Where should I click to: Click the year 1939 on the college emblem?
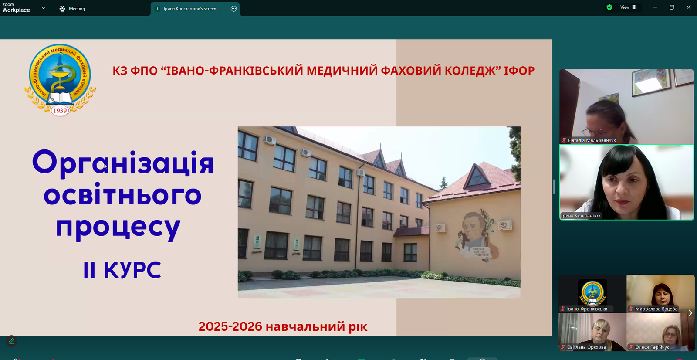[60, 111]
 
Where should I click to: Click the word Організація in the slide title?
[123, 163]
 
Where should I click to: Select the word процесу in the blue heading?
[118, 227]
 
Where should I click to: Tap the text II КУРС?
[122, 270]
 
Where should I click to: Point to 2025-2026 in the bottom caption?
[230, 326]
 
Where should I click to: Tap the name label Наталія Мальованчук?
[592, 140]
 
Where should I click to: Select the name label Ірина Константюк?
[581, 216]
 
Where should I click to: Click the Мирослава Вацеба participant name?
[656, 309]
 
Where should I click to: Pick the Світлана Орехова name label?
[586, 347]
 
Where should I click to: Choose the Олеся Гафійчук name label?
[652, 347]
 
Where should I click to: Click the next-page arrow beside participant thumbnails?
[690, 313]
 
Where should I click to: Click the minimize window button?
[655, 7]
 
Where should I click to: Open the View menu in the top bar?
[628, 7]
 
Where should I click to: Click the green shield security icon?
[609, 7]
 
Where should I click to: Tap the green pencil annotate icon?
[11, 341]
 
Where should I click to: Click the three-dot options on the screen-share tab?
[233, 9]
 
